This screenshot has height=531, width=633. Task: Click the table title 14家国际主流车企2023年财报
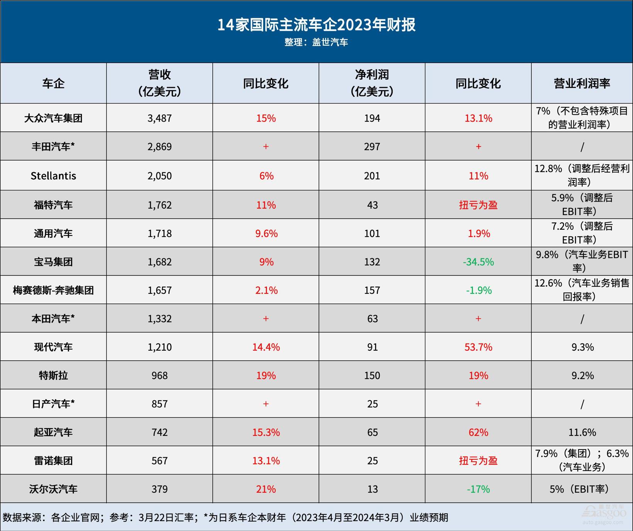tap(316, 25)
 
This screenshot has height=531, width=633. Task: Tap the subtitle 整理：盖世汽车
tap(316, 42)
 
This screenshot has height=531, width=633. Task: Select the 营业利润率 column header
tap(582, 83)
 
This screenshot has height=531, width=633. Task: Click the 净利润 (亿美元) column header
tap(372, 83)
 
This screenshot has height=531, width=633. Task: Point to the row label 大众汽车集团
tap(53, 118)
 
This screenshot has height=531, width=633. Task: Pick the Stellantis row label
tap(53, 176)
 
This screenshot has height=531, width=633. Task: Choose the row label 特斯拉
tap(53, 375)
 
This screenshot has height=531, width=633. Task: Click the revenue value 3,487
tap(159, 118)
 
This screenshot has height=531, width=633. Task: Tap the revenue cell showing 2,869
tap(159, 147)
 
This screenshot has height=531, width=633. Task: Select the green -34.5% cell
tap(478, 262)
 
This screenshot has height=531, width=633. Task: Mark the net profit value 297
tap(372, 147)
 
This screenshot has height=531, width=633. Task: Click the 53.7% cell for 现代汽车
tap(478, 347)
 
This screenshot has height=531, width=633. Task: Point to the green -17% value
tap(478, 489)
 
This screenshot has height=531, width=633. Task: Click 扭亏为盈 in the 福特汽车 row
tap(478, 205)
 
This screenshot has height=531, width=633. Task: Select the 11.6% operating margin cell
tap(582, 432)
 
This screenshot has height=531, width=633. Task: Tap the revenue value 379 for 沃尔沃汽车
tap(159, 489)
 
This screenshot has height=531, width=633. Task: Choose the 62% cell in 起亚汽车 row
tap(478, 432)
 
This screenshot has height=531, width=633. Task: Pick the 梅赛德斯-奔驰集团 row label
tap(53, 290)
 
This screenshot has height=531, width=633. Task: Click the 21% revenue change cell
tap(266, 489)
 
